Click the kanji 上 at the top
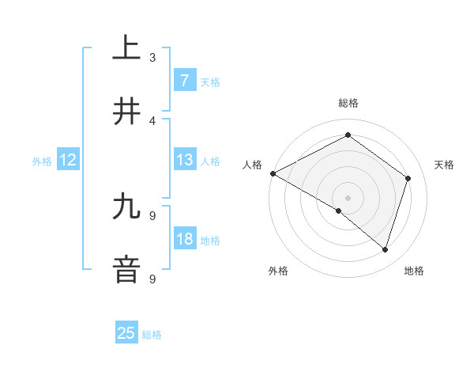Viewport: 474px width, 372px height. [x=126, y=47]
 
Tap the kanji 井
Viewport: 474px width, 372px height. [x=126, y=111]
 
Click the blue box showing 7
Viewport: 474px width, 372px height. [x=184, y=80]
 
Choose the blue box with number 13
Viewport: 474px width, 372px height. [x=184, y=160]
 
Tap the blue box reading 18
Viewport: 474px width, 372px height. [x=184, y=239]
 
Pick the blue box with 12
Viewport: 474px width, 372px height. [x=68, y=160]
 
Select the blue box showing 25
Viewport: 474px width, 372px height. [x=126, y=333]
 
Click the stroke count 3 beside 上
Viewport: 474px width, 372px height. [x=152, y=57]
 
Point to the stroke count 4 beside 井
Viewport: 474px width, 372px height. [x=152, y=120]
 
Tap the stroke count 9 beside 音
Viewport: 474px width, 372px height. [x=152, y=279]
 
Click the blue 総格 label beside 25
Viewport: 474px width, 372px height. [x=152, y=335]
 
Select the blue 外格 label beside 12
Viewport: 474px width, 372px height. [x=42, y=161]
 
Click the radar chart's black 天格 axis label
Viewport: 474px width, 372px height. [x=445, y=165]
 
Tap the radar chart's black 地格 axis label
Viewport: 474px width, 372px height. [x=414, y=271]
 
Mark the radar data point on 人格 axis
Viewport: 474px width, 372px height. [x=273, y=173]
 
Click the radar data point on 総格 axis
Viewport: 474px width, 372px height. [x=348, y=136]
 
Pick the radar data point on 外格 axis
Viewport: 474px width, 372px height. [x=339, y=211]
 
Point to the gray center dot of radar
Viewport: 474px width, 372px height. [x=348, y=197]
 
